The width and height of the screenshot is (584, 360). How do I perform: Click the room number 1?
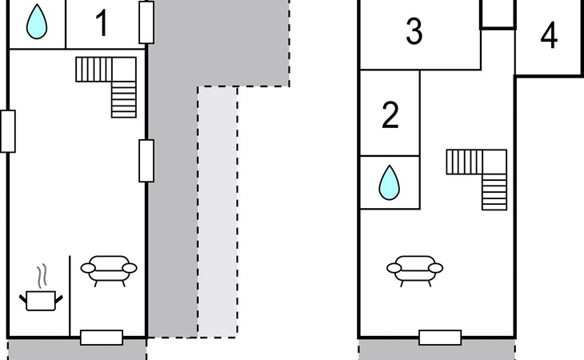pos(102,23)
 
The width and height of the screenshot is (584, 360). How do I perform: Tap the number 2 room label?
pos(390,115)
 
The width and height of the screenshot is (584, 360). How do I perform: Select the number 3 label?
pos(414,32)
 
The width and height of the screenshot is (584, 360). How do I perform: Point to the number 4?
pos(549,35)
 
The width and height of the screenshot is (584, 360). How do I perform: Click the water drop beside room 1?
pos(37,22)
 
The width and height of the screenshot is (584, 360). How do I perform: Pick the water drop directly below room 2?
pos(390,182)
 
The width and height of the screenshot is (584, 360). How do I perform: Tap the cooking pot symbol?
pos(41,301)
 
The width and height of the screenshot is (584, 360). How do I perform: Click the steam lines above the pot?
pos(43,275)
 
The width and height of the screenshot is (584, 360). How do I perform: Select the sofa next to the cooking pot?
pos(109,270)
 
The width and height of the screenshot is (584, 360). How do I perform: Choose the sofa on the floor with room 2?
pos(415,270)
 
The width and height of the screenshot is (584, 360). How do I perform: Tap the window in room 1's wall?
pos(146,22)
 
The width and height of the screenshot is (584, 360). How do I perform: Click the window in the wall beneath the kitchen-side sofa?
pos(102,338)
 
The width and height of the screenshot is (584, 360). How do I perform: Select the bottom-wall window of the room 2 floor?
pos(440,338)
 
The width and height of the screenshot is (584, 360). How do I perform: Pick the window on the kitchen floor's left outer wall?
pos(8,131)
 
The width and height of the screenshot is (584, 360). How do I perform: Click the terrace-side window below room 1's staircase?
pos(146,161)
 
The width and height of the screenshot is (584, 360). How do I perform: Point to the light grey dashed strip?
pos(218,212)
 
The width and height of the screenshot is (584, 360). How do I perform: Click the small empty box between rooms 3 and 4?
pos(498,14)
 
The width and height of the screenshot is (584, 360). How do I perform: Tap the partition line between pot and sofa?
pos(70,296)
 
